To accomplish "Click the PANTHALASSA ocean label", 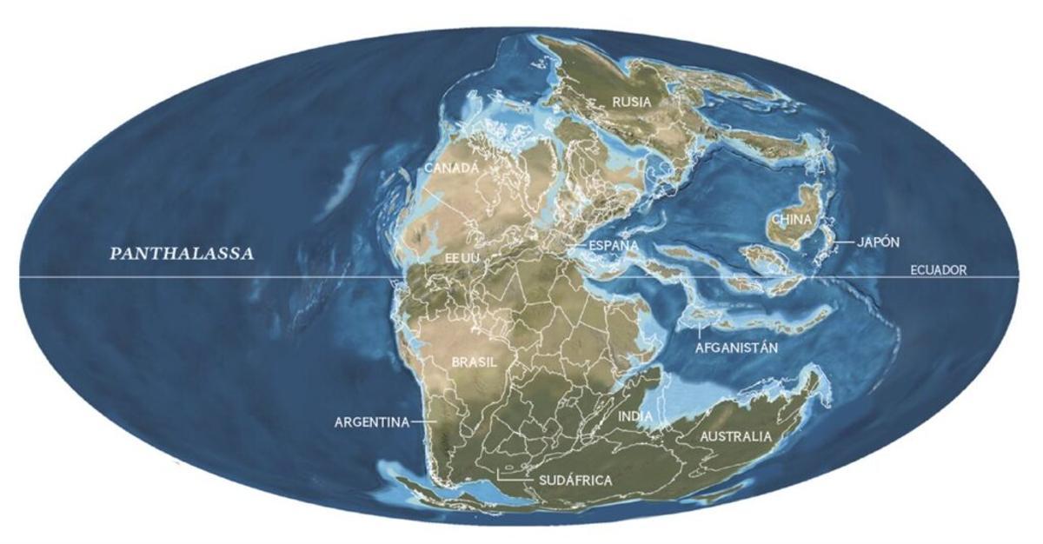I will tap(181, 255).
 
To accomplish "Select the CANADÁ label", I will tap(451, 169).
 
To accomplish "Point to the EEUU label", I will tap(462, 259).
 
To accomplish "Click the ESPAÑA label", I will tap(614, 246).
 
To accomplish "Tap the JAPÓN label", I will tap(878, 242).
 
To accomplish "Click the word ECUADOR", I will tap(938, 270).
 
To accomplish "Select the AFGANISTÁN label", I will tap(736, 348).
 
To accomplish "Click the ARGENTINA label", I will tap(371, 422).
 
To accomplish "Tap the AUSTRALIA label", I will tap(735, 436).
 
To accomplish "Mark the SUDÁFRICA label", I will tap(575, 480).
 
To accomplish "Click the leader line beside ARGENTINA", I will tap(425, 422).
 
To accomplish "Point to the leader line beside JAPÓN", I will tap(840, 242).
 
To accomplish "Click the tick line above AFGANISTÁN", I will tap(701, 331).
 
